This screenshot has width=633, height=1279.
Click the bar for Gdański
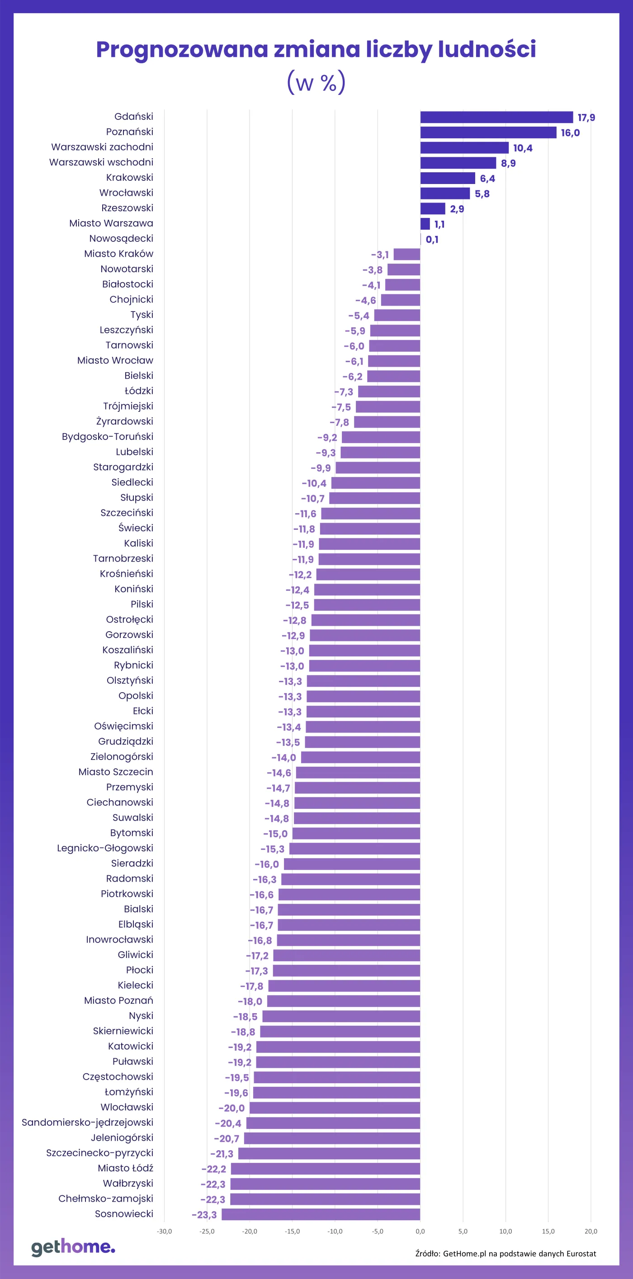tap(496, 117)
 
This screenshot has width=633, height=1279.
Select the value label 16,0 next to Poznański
tap(570, 132)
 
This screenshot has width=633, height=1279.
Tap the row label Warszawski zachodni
tap(102, 147)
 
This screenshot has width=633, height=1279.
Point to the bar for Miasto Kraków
tap(406, 254)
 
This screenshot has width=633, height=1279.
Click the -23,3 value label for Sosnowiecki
tap(204, 1214)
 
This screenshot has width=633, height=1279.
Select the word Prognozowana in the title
tap(182, 50)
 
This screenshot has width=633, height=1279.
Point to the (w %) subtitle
tap(316, 82)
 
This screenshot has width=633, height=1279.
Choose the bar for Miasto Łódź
tap(325, 1168)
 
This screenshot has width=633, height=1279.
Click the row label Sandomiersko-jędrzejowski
tap(87, 1122)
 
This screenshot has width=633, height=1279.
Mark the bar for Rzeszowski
tap(432, 208)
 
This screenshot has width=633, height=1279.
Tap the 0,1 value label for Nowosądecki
tap(431, 239)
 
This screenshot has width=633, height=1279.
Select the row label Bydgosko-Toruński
tap(107, 436)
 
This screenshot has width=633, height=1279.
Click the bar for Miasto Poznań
tap(344, 1001)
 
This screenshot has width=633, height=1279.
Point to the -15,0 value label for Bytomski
tap(275, 834)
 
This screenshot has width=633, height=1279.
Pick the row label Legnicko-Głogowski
tap(105, 848)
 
